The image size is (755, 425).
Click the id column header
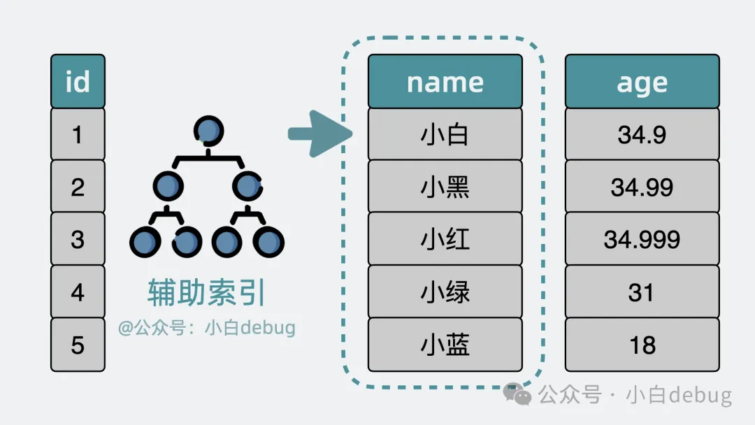78,82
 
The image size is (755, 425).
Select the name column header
445,82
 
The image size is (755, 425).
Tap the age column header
642,82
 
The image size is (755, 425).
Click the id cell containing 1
78,134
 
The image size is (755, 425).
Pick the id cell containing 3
78,239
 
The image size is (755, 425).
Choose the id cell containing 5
78,345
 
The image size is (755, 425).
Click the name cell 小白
445,134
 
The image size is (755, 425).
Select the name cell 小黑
445,187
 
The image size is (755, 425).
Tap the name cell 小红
445,239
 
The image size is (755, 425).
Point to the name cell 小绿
445,292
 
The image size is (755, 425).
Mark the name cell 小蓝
445,345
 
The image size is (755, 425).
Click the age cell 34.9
642,134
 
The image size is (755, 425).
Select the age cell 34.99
642,187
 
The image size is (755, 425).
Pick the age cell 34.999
642,239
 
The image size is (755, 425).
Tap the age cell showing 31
642,292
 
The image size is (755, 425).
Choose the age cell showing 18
642,345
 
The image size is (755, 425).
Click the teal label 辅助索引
207,294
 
